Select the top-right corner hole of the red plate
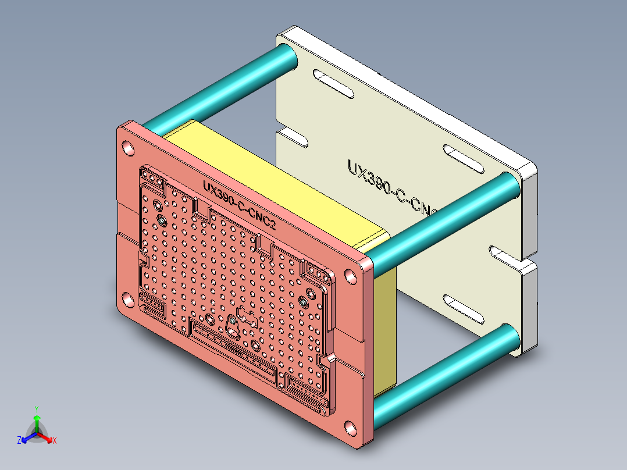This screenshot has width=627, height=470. (351, 276)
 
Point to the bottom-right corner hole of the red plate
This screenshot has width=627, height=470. (351, 428)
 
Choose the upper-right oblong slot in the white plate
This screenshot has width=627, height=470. (464, 158)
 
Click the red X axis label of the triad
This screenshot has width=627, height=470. (55, 441)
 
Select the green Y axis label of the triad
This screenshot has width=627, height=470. (37, 409)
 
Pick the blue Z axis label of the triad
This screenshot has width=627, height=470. (19, 441)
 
